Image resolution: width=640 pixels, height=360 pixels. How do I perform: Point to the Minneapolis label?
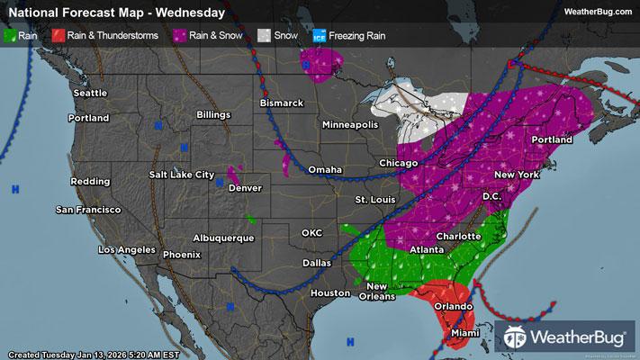351,124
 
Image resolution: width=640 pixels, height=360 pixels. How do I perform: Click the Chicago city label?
398,163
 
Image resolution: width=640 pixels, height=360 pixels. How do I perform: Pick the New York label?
518,173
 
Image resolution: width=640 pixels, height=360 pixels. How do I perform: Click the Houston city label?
329,293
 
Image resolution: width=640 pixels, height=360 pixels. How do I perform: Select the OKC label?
311,233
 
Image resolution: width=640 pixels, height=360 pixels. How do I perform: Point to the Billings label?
214,115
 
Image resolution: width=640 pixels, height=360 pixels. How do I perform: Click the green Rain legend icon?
10,35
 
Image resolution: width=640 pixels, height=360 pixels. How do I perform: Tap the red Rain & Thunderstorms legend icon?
56,35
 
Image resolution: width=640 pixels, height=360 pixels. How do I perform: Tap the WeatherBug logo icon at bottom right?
516,339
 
